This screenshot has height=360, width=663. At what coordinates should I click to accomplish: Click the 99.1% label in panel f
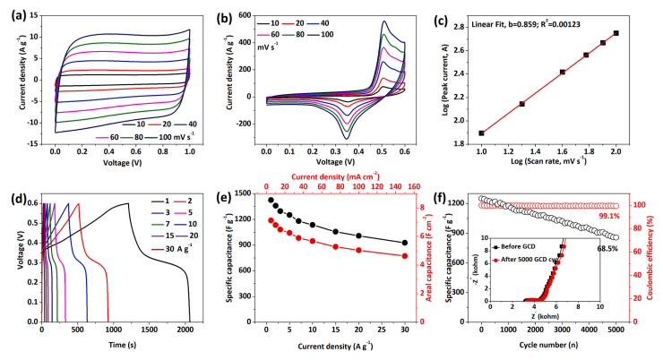[607, 216]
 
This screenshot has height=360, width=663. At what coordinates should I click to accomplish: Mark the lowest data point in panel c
[482, 133]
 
